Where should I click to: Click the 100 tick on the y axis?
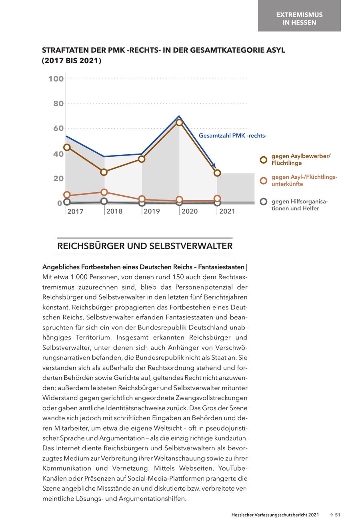click(x=56, y=79)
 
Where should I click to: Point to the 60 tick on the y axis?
click(x=58, y=128)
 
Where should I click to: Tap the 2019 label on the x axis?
click(x=152, y=211)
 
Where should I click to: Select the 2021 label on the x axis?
click(x=227, y=211)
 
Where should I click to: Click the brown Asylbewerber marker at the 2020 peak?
click(x=179, y=122)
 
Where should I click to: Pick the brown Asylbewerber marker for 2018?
click(x=104, y=172)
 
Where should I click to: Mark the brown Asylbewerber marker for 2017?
click(x=67, y=147)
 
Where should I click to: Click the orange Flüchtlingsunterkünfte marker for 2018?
click(x=104, y=192)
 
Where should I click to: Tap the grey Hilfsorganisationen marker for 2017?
click(x=67, y=202)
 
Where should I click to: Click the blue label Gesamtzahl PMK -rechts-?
click(x=232, y=136)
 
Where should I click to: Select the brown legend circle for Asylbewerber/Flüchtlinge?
click(x=263, y=160)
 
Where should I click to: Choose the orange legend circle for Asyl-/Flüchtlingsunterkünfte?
click(x=263, y=181)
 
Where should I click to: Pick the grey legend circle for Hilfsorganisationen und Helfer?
click(x=263, y=202)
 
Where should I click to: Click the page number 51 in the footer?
click(x=338, y=515)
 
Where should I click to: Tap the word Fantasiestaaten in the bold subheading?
click(x=220, y=266)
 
